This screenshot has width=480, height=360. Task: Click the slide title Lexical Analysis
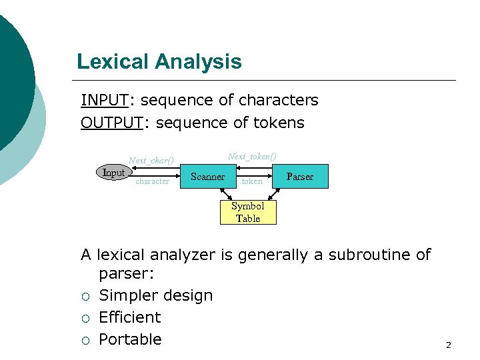[x=159, y=62]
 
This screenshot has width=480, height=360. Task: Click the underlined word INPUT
[x=105, y=100]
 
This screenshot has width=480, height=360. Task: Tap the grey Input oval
[x=113, y=173]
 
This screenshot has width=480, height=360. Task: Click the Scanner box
[x=207, y=177]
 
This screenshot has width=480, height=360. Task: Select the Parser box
[x=299, y=177]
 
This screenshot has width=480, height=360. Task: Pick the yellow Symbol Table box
[x=248, y=212]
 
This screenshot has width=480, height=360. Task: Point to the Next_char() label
[x=151, y=160]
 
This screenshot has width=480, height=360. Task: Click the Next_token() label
[x=252, y=156]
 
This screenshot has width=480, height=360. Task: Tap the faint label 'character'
[x=152, y=181]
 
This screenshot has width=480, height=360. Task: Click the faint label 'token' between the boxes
[x=252, y=181]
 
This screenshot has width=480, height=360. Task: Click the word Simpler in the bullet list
[x=126, y=295]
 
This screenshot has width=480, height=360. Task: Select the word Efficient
[x=130, y=317]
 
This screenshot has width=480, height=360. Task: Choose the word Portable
[x=130, y=339]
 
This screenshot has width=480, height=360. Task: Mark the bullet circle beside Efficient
[x=85, y=318]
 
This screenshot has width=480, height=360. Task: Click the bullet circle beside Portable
[x=85, y=340]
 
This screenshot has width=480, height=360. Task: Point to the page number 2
[x=448, y=345]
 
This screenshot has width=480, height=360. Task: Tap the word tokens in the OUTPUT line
[x=278, y=123]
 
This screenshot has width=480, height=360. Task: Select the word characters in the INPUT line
[x=278, y=100]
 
